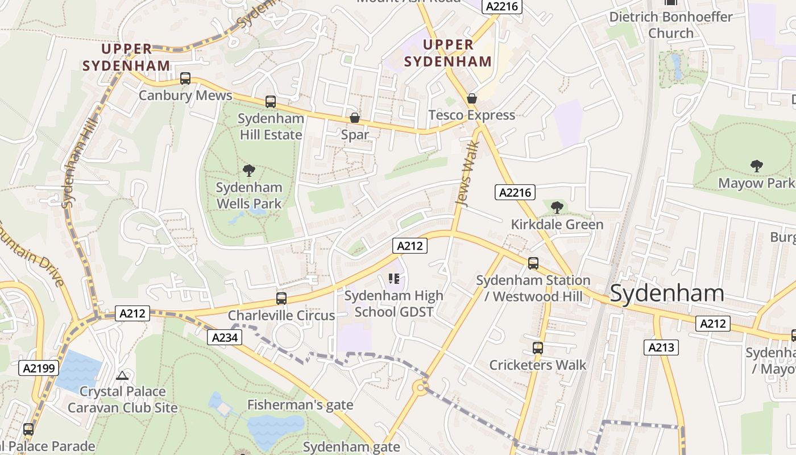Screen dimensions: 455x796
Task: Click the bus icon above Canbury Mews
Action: click(x=185, y=78)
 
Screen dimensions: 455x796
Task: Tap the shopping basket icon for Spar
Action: click(x=355, y=118)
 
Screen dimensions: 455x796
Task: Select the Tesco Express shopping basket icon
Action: click(x=471, y=98)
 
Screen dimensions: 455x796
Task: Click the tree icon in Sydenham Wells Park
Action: click(x=248, y=170)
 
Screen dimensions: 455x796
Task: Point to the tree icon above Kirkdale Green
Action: click(x=557, y=208)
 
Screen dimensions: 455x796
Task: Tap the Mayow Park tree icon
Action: click(x=756, y=166)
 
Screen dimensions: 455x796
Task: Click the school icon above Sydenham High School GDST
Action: click(x=393, y=279)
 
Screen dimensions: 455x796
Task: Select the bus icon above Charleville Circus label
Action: click(x=281, y=299)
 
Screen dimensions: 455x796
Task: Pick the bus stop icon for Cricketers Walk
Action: click(x=537, y=348)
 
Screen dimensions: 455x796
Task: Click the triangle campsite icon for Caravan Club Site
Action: click(x=122, y=375)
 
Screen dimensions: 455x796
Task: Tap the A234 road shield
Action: click(x=223, y=337)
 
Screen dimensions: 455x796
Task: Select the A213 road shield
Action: click(x=661, y=348)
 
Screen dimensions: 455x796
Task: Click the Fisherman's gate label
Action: click(x=300, y=405)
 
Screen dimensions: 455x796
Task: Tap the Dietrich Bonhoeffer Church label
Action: click(x=671, y=25)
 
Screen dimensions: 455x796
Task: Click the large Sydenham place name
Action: click(x=667, y=293)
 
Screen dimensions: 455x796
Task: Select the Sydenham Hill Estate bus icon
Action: click(x=271, y=102)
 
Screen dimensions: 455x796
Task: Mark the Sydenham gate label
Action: click(x=351, y=446)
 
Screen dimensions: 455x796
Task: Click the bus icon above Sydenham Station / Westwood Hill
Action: click(x=533, y=263)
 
